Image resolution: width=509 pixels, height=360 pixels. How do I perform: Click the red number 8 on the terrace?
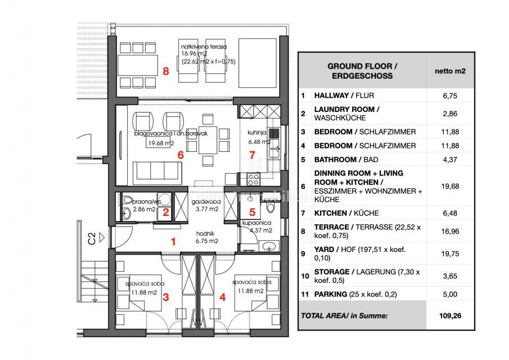pos(165,71)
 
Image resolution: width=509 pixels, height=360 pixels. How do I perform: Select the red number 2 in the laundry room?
pos(166,212)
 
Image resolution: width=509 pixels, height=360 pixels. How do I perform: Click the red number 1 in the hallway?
pos(174,241)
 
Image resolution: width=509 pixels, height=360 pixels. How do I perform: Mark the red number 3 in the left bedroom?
pos(166,298)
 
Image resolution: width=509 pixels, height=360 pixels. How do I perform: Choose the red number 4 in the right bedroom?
pos(223,298)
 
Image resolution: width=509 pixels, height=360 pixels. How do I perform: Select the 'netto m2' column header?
pos(450,71)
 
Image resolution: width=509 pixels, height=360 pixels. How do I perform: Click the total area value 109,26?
pos(450,316)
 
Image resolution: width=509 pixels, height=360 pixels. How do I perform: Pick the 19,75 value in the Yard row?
pos(450,253)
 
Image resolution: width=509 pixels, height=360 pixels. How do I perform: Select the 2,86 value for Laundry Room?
pos(450,114)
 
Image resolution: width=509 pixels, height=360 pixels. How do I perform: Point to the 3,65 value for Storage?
pos(450,276)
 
